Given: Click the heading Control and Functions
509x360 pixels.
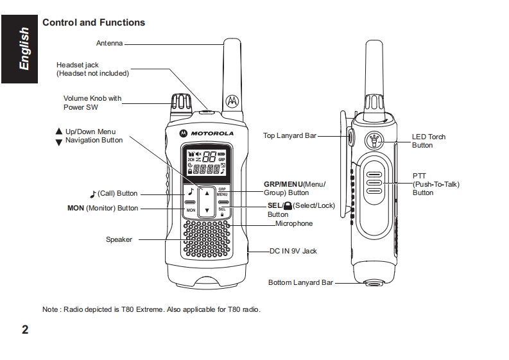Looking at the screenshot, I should (94, 22).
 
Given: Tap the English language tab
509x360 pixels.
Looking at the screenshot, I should (24, 49).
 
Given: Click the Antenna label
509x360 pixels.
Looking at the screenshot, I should (109, 44).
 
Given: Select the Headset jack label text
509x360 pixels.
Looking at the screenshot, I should (92, 69).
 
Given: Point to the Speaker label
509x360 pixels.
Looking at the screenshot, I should (119, 239).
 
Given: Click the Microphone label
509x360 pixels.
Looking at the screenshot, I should (294, 223).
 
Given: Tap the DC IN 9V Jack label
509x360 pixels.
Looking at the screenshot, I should (293, 251).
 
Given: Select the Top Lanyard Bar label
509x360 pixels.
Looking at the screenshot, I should (290, 135).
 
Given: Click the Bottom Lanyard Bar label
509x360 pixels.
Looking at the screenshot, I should (300, 282).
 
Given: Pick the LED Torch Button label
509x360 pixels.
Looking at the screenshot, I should (428, 141).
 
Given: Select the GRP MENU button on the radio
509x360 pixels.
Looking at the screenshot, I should (222, 191).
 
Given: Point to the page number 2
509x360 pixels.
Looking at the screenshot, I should (24, 330).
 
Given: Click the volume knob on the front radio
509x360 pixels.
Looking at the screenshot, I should (180, 103).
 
